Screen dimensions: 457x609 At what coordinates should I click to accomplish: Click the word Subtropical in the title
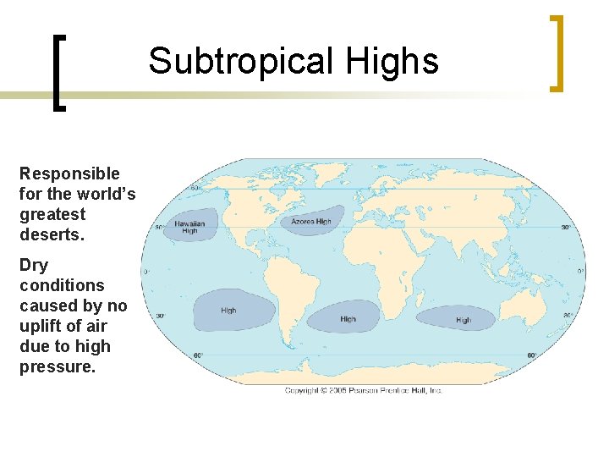240,62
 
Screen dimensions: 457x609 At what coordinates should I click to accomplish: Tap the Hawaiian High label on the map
189,227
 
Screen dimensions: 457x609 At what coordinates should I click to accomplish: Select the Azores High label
311,222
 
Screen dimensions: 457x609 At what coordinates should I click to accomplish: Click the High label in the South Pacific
228,311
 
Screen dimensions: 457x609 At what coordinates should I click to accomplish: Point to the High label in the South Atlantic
348,319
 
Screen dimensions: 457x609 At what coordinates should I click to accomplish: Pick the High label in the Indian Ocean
464,320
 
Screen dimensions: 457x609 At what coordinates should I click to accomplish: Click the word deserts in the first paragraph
52,234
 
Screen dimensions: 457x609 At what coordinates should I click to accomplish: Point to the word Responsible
69,173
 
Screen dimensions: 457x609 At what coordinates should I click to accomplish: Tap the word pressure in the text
56,366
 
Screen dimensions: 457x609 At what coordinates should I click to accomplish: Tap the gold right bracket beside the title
555,52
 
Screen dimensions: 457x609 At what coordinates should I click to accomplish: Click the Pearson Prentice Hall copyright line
364,390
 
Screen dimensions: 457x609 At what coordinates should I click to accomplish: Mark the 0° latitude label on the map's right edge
580,272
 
